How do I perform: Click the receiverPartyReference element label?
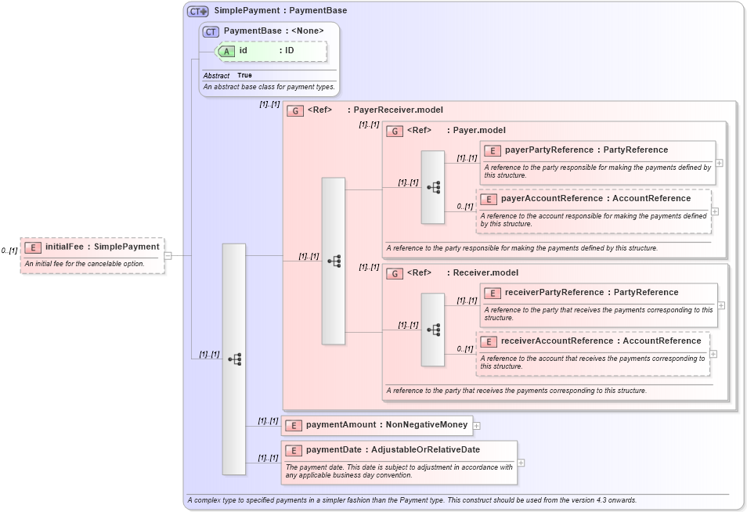(554, 293)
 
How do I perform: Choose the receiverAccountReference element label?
(551, 341)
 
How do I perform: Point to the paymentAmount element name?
(341, 425)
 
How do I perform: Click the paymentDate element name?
(334, 450)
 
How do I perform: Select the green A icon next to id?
(226, 51)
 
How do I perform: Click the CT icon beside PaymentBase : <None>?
(211, 31)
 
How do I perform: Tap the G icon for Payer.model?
(395, 131)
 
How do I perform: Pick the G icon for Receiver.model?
(395, 273)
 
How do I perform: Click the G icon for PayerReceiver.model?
(295, 110)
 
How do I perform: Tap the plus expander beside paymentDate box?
(521, 463)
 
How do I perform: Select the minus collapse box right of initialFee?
(168, 255)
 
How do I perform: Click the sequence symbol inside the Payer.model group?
(433, 188)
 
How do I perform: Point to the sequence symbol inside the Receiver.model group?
(433, 330)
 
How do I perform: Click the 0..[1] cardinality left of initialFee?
(9, 251)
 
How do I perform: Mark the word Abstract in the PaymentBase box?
(216, 76)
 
